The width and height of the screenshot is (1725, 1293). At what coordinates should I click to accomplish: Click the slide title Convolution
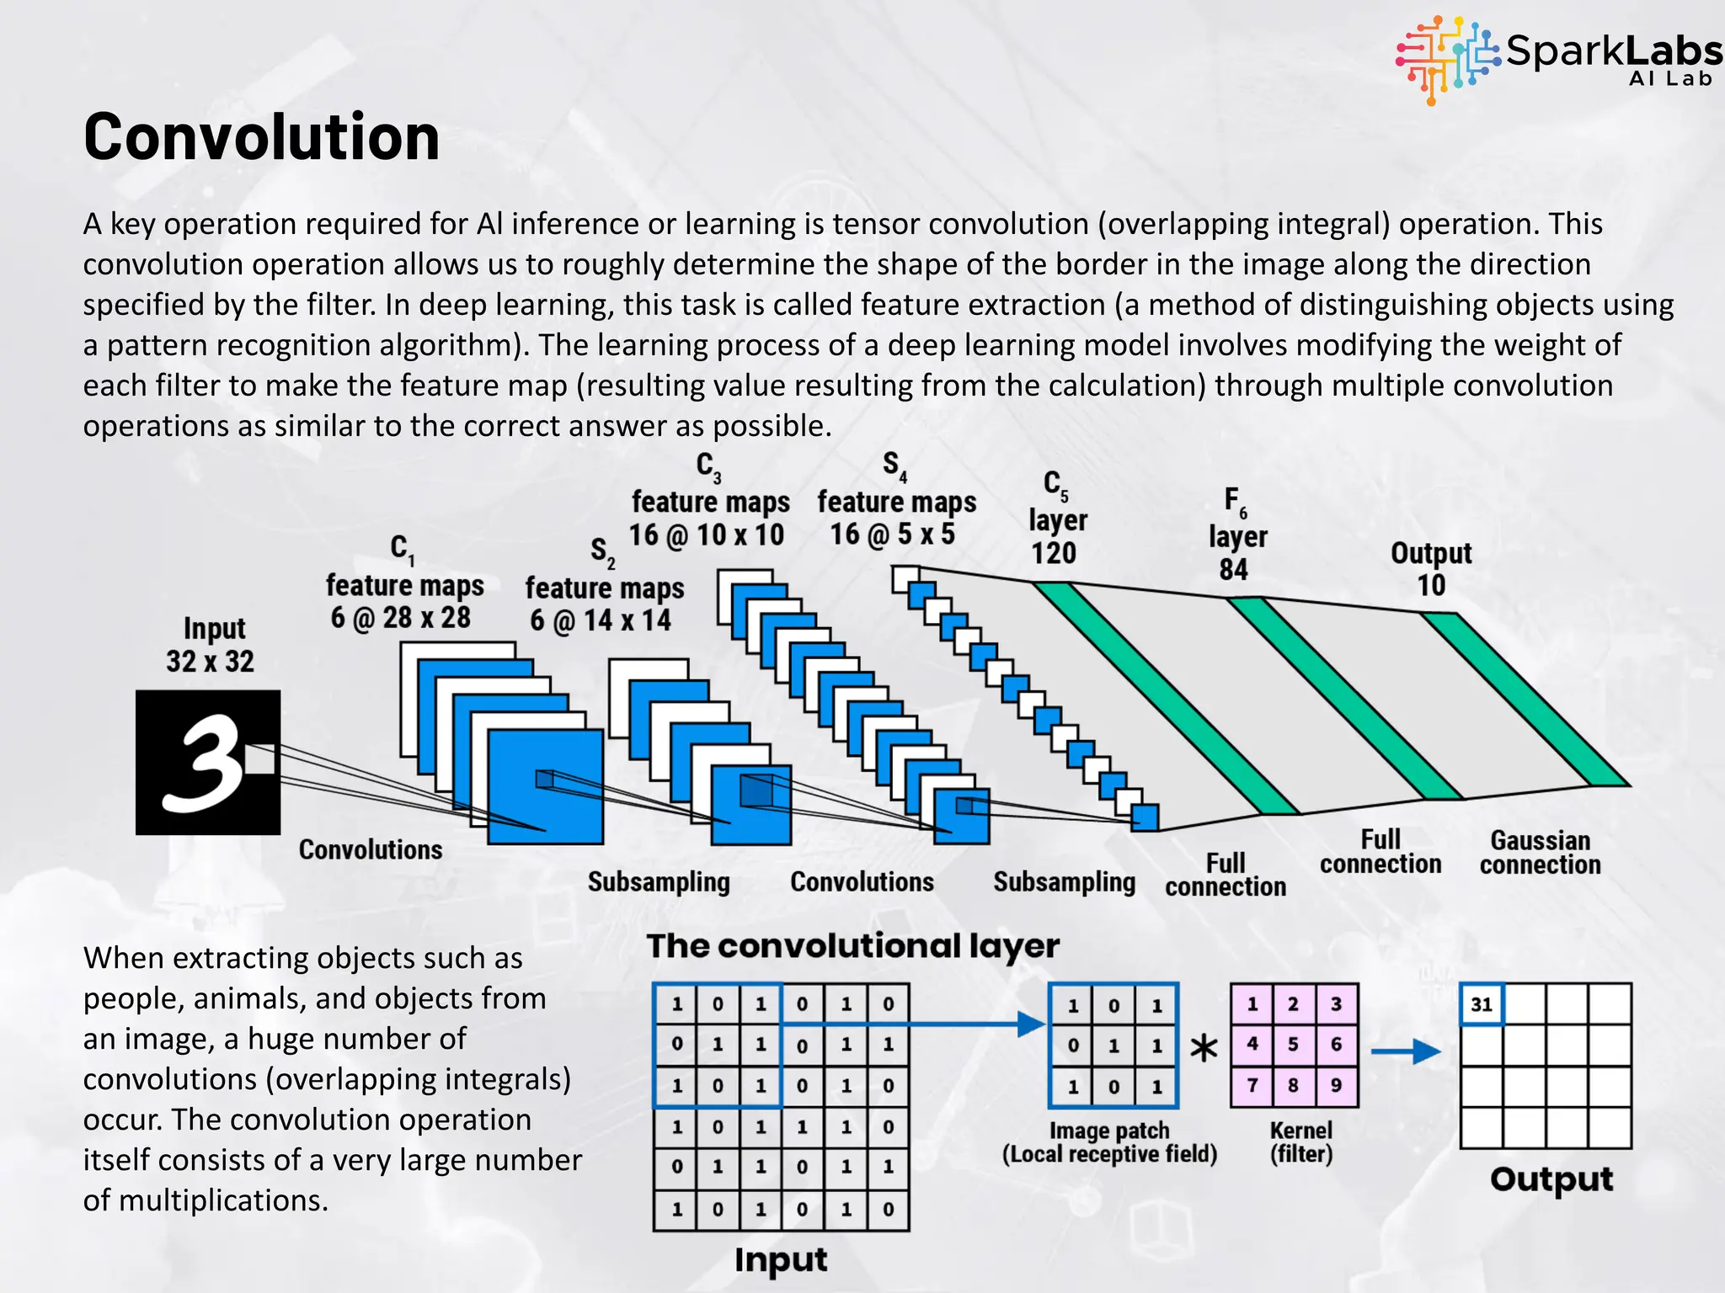pyautogui.click(x=261, y=136)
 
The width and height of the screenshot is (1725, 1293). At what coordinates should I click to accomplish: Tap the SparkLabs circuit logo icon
pyautogui.click(x=1447, y=59)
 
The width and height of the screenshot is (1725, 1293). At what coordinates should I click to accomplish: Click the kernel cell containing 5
pyautogui.click(x=1293, y=1045)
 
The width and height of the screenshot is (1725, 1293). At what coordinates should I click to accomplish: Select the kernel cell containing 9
pyautogui.click(x=1336, y=1085)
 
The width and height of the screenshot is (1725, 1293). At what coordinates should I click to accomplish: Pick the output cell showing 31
pyautogui.click(x=1482, y=1004)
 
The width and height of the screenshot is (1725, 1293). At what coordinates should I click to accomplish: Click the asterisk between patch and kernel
pyautogui.click(x=1204, y=1049)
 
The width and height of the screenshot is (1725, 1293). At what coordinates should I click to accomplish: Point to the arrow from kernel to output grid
pyautogui.click(x=1405, y=1051)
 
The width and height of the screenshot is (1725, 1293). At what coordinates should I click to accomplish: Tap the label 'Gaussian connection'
pyautogui.click(x=1540, y=852)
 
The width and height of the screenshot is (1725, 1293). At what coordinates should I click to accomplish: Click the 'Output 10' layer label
pyautogui.click(x=1431, y=568)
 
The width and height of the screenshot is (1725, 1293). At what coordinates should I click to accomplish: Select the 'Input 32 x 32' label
pyautogui.click(x=211, y=644)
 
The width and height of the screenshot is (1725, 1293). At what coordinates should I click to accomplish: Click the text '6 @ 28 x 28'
pyautogui.click(x=401, y=618)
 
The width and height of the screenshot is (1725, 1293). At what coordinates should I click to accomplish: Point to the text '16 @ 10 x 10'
pyautogui.click(x=707, y=535)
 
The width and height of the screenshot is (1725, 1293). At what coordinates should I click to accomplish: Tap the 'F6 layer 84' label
pyautogui.click(x=1236, y=535)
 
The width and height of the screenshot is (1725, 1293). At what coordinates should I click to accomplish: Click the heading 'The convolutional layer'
pyautogui.click(x=852, y=946)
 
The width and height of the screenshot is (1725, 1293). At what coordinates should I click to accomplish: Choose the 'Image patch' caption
pyautogui.click(x=1109, y=1131)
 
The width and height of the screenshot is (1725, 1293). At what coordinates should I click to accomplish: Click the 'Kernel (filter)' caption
pyautogui.click(x=1301, y=1141)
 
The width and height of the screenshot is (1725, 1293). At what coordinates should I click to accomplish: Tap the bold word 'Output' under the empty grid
pyautogui.click(x=1551, y=1179)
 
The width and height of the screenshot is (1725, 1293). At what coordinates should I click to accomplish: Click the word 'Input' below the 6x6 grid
pyautogui.click(x=781, y=1260)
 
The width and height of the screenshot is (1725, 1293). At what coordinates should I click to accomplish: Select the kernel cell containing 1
pyautogui.click(x=1252, y=1004)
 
